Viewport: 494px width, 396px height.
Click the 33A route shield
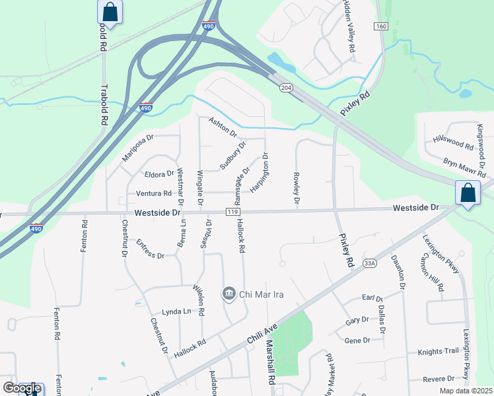coord(370,263)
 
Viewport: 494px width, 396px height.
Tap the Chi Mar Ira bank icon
coord(229,293)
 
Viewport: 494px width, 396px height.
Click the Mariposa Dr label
coord(137,148)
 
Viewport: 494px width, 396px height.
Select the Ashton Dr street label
coord(223,127)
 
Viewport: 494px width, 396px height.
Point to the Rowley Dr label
coord(297,188)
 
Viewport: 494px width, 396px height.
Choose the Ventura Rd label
coord(153,193)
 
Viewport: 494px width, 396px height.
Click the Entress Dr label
coord(150,250)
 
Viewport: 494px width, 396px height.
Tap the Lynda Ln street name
coord(176,311)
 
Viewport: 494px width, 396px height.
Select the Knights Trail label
coord(437,352)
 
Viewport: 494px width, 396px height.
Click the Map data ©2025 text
coord(466,391)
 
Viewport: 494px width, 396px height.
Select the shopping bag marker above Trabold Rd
coord(110,12)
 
